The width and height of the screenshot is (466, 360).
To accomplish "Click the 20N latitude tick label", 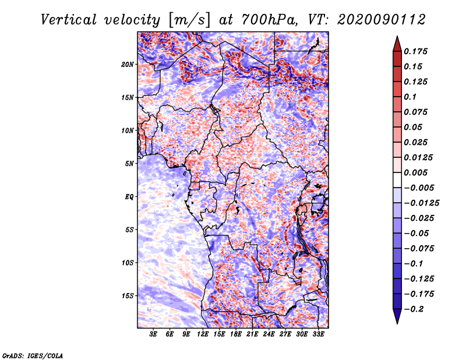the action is coord(128,65).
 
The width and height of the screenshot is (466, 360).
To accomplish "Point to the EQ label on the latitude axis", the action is coord(129,197).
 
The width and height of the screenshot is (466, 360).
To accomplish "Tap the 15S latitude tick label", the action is coord(128,296).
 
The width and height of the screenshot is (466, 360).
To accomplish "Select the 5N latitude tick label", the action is coord(129,164).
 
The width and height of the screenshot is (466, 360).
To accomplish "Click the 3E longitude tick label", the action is coord(153,334).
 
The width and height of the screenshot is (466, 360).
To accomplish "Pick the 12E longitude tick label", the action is coord(203,334).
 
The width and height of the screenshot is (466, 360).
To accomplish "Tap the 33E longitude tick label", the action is coord(318,334).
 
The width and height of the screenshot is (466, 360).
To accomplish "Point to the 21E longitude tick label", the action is coord(252,334).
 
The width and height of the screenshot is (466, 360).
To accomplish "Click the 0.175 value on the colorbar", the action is coord(415,51).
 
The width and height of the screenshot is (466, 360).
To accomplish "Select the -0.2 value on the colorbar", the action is coord(414,309).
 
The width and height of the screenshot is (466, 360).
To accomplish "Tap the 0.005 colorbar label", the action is coord(415,172).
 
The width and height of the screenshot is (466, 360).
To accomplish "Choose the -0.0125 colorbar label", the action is coord(421,203).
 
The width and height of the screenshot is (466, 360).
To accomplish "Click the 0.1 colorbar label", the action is coord(410,97).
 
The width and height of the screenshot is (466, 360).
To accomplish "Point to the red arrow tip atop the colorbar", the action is coord(397,37).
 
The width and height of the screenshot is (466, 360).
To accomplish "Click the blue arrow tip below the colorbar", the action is coord(397,323).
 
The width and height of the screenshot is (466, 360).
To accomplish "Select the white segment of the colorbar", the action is coord(397,180).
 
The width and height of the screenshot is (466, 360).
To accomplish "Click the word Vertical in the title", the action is coord(69,20).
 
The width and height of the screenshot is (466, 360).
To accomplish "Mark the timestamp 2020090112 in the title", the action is coord(382,20).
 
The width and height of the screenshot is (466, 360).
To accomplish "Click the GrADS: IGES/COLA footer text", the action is coord(33,355).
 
